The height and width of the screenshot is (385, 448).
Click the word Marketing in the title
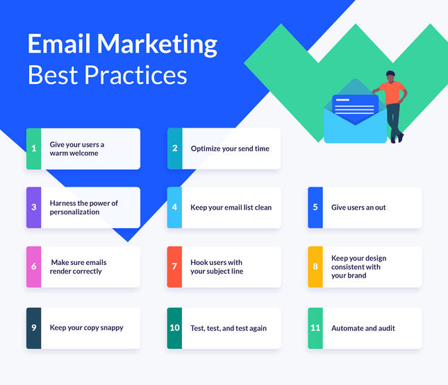click(x=158, y=44)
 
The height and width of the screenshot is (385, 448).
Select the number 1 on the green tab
click(x=33, y=148)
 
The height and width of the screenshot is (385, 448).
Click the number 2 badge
click(x=175, y=148)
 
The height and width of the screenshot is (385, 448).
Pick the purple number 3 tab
click(x=33, y=207)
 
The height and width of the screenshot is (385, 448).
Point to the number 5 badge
click(x=315, y=207)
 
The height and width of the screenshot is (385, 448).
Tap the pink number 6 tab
click(x=33, y=266)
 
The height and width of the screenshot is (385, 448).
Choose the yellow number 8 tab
click(x=315, y=266)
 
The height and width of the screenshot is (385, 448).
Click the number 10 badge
click(x=175, y=328)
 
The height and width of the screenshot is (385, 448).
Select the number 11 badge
click(x=315, y=328)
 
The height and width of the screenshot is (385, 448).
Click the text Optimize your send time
click(x=230, y=148)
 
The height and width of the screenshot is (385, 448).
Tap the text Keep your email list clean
click(x=231, y=207)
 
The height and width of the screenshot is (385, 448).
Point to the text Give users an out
click(x=358, y=207)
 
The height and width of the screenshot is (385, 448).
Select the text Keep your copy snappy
click(x=86, y=327)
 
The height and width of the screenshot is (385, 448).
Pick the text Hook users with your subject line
click(x=217, y=267)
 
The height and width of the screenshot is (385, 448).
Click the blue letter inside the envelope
click(x=355, y=106)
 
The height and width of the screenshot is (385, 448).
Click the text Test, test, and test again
click(x=229, y=328)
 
